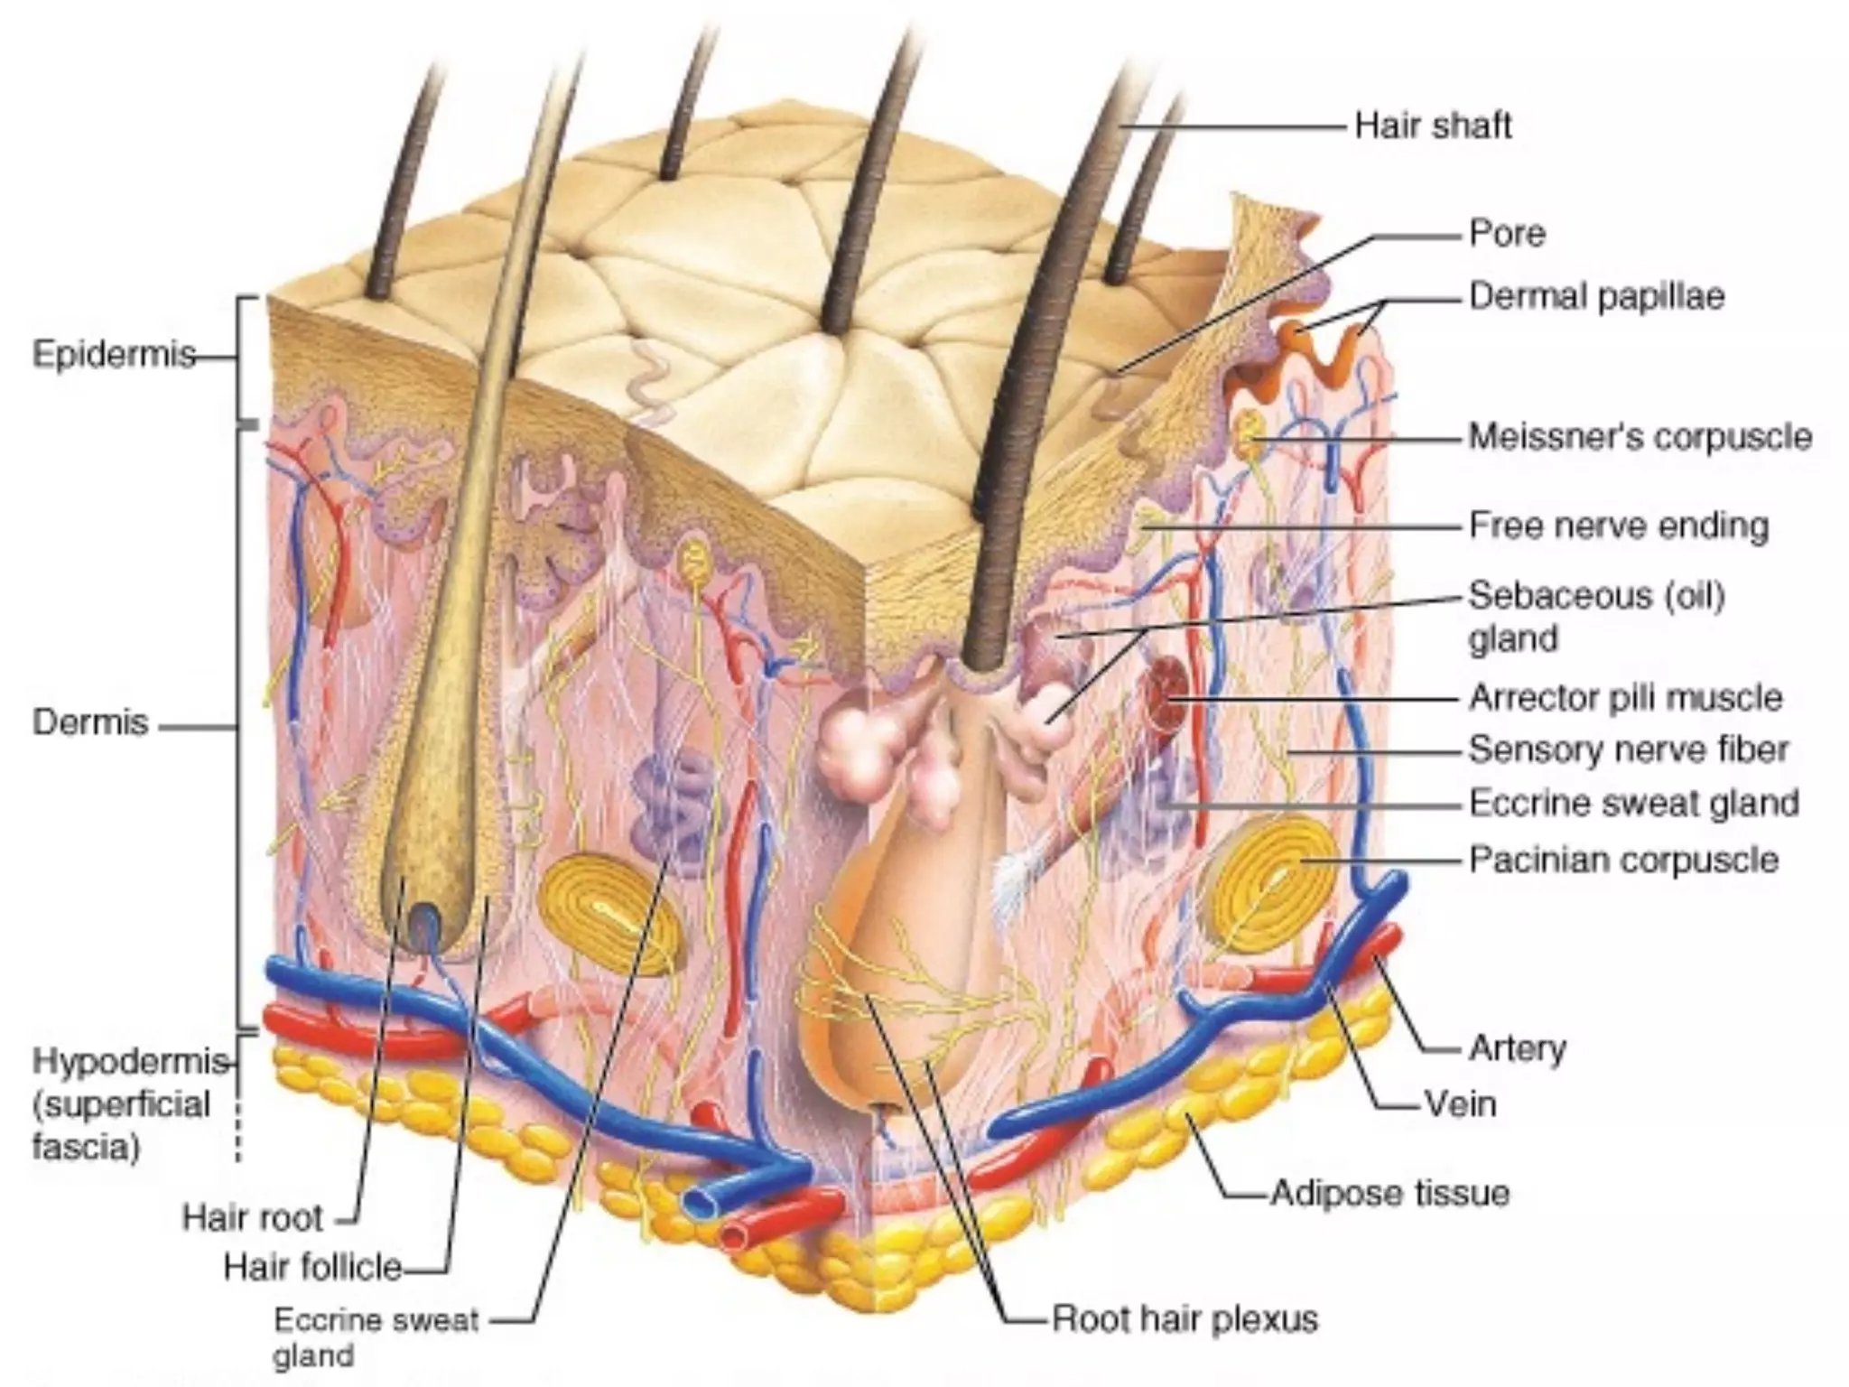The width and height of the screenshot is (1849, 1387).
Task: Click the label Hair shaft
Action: click(1433, 126)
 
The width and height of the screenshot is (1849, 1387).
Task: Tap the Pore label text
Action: click(1507, 234)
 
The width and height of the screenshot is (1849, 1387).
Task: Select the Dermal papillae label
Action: click(1596, 297)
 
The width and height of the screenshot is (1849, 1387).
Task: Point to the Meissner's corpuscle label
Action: click(1640, 437)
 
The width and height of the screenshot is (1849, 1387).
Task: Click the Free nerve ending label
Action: click(1618, 526)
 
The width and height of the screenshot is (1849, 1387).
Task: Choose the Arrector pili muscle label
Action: click(1625, 698)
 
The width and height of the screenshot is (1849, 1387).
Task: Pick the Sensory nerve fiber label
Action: click(1628, 749)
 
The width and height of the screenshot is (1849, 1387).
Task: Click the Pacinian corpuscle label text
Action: click(1623, 860)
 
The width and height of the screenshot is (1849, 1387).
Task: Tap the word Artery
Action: click(1517, 1048)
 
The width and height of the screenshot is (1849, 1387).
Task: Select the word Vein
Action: click(1460, 1103)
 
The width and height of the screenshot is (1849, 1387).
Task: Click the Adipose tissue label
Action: click(1389, 1194)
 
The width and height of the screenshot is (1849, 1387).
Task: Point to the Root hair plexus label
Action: click(1185, 1319)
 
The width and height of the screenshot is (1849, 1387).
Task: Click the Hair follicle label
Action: click(312, 1267)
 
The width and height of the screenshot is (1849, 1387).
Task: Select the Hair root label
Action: click(252, 1218)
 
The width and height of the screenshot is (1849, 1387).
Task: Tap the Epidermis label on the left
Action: click(114, 355)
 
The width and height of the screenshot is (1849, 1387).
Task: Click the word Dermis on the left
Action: click(90, 723)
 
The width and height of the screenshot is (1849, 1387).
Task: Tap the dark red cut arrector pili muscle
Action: click(1166, 696)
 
